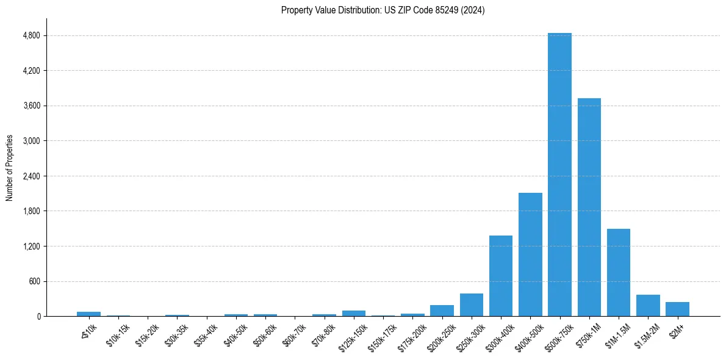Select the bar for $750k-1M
(x=589, y=207)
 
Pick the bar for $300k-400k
(x=501, y=276)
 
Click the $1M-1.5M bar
(x=619, y=273)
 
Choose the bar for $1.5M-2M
(x=648, y=306)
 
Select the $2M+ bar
(x=677, y=309)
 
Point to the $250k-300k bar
(x=472, y=305)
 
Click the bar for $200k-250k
(x=442, y=311)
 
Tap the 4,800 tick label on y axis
(x=31, y=35)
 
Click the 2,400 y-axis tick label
(x=31, y=176)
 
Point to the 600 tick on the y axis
(x=34, y=281)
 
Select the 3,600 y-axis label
(x=31, y=106)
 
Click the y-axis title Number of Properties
(x=9, y=168)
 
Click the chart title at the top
(x=383, y=10)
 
